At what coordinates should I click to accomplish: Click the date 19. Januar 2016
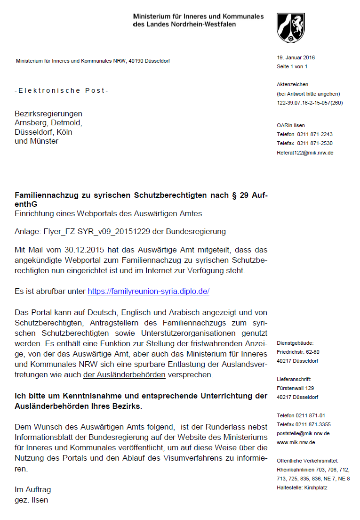296,57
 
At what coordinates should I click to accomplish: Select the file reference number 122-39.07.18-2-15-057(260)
310,102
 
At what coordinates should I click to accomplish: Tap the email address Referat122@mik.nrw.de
305,153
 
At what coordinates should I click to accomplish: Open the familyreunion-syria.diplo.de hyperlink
148,291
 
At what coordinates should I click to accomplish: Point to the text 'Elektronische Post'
62,90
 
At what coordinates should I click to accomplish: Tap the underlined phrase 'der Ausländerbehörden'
124,375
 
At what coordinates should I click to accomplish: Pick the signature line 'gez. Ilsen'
32,500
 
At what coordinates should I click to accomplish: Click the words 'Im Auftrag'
33,490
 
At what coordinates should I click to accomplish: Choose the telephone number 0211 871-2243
315,134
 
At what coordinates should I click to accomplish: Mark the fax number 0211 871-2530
315,143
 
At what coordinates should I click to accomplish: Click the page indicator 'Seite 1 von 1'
292,66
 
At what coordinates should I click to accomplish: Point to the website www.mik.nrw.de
296,442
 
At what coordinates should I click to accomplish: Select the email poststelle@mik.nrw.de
303,433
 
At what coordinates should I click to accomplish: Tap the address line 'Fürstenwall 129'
296,388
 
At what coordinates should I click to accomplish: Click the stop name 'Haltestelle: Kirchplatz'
302,487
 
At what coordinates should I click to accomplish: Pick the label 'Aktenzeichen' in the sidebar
293,84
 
